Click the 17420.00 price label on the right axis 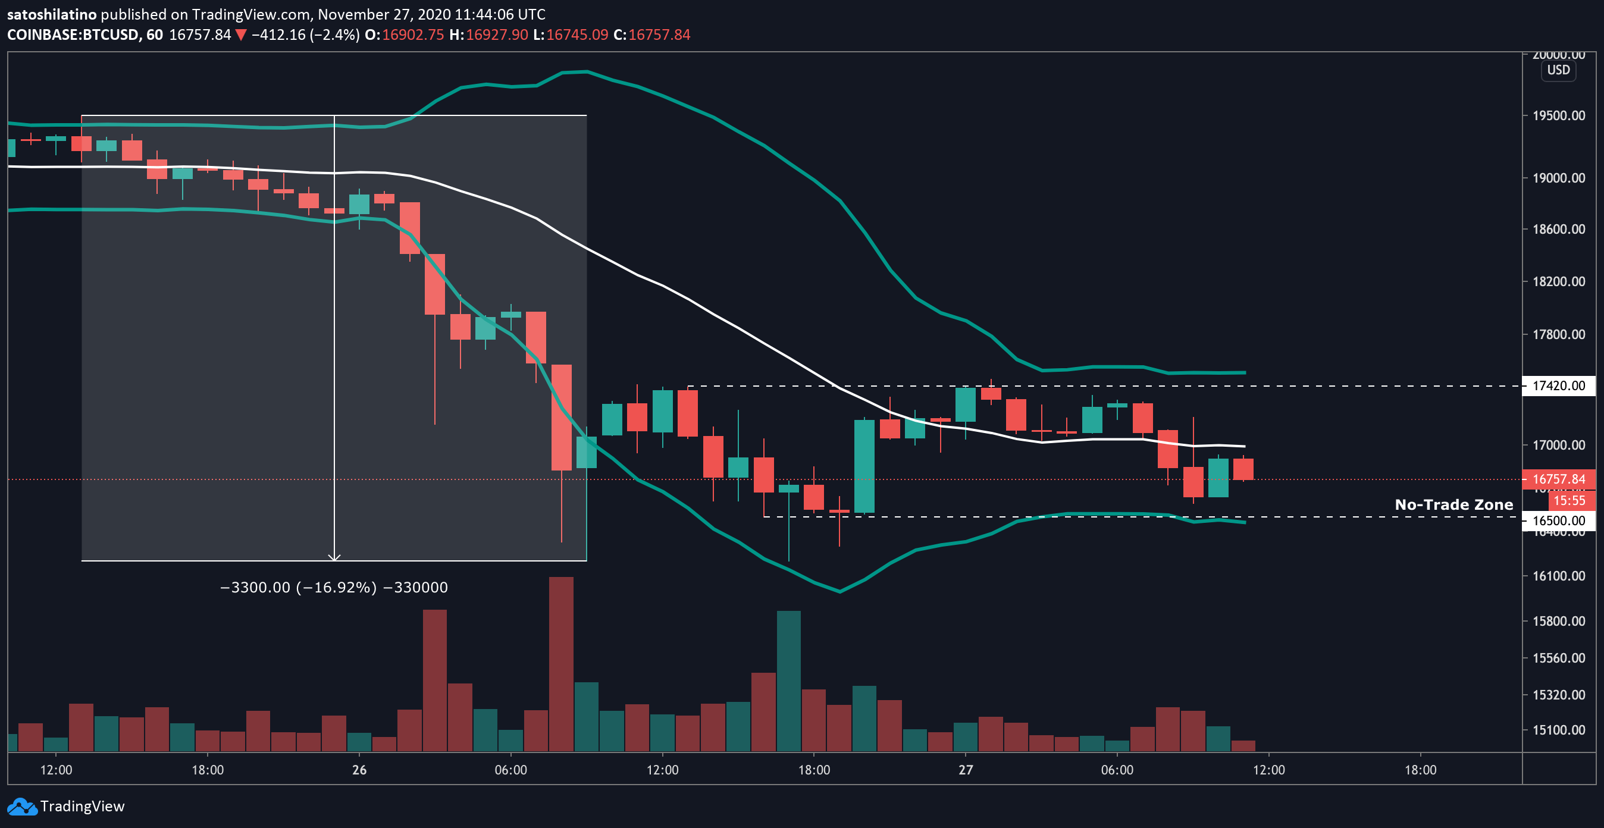pos(1558,385)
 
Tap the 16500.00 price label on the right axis pos(1558,520)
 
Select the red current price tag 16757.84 pos(1558,479)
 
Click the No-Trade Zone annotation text pos(1453,504)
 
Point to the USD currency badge pos(1558,70)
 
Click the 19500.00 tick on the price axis pos(1558,115)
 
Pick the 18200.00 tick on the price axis pos(1558,281)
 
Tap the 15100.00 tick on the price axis pos(1558,730)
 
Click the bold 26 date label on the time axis pos(359,770)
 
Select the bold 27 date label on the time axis pos(965,770)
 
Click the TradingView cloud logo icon pos(22,807)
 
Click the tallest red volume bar pos(561,664)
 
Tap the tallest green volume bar pos(788,681)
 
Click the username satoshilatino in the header pos(52,14)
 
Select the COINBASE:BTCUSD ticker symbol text pos(72,35)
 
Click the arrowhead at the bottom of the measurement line pos(334,557)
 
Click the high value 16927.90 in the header pos(496,35)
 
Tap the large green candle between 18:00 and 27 pos(864,466)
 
